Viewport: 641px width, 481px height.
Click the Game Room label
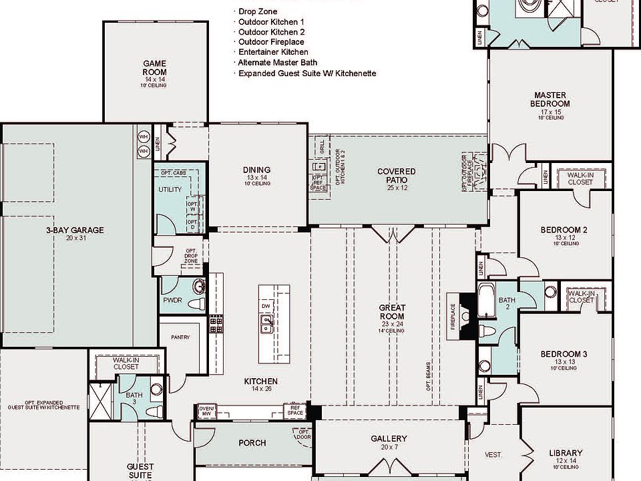coord(154,68)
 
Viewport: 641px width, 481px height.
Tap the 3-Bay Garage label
coord(75,230)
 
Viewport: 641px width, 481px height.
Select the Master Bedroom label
coord(551,100)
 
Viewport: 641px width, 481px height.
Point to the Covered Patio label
coord(396,176)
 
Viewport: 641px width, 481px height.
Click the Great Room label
coord(392,312)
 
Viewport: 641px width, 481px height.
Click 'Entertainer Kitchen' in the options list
coord(273,52)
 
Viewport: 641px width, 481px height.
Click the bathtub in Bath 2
coord(486,301)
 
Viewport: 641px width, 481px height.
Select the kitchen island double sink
coord(266,325)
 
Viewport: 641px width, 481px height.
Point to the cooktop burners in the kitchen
coord(216,325)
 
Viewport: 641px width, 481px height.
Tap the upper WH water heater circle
coord(143,137)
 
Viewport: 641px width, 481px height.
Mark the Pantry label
coord(180,337)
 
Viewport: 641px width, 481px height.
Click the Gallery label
coord(389,439)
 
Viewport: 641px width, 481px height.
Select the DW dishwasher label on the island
coord(266,306)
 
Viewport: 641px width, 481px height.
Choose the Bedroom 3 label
coord(564,354)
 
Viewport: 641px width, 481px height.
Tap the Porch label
coord(252,443)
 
